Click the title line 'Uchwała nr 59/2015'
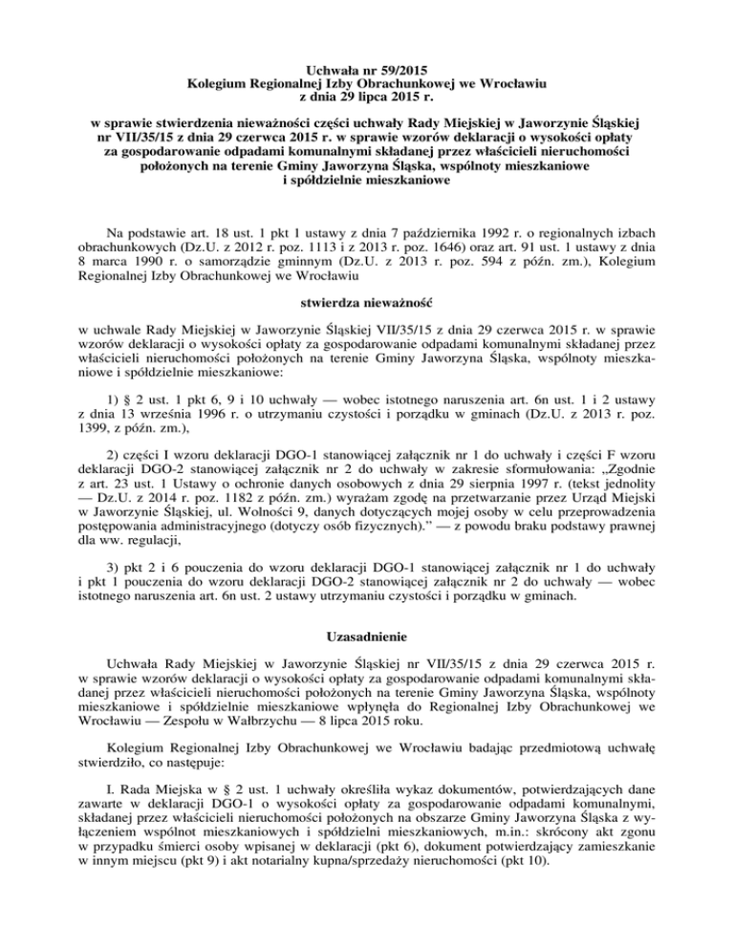click(x=367, y=70)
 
